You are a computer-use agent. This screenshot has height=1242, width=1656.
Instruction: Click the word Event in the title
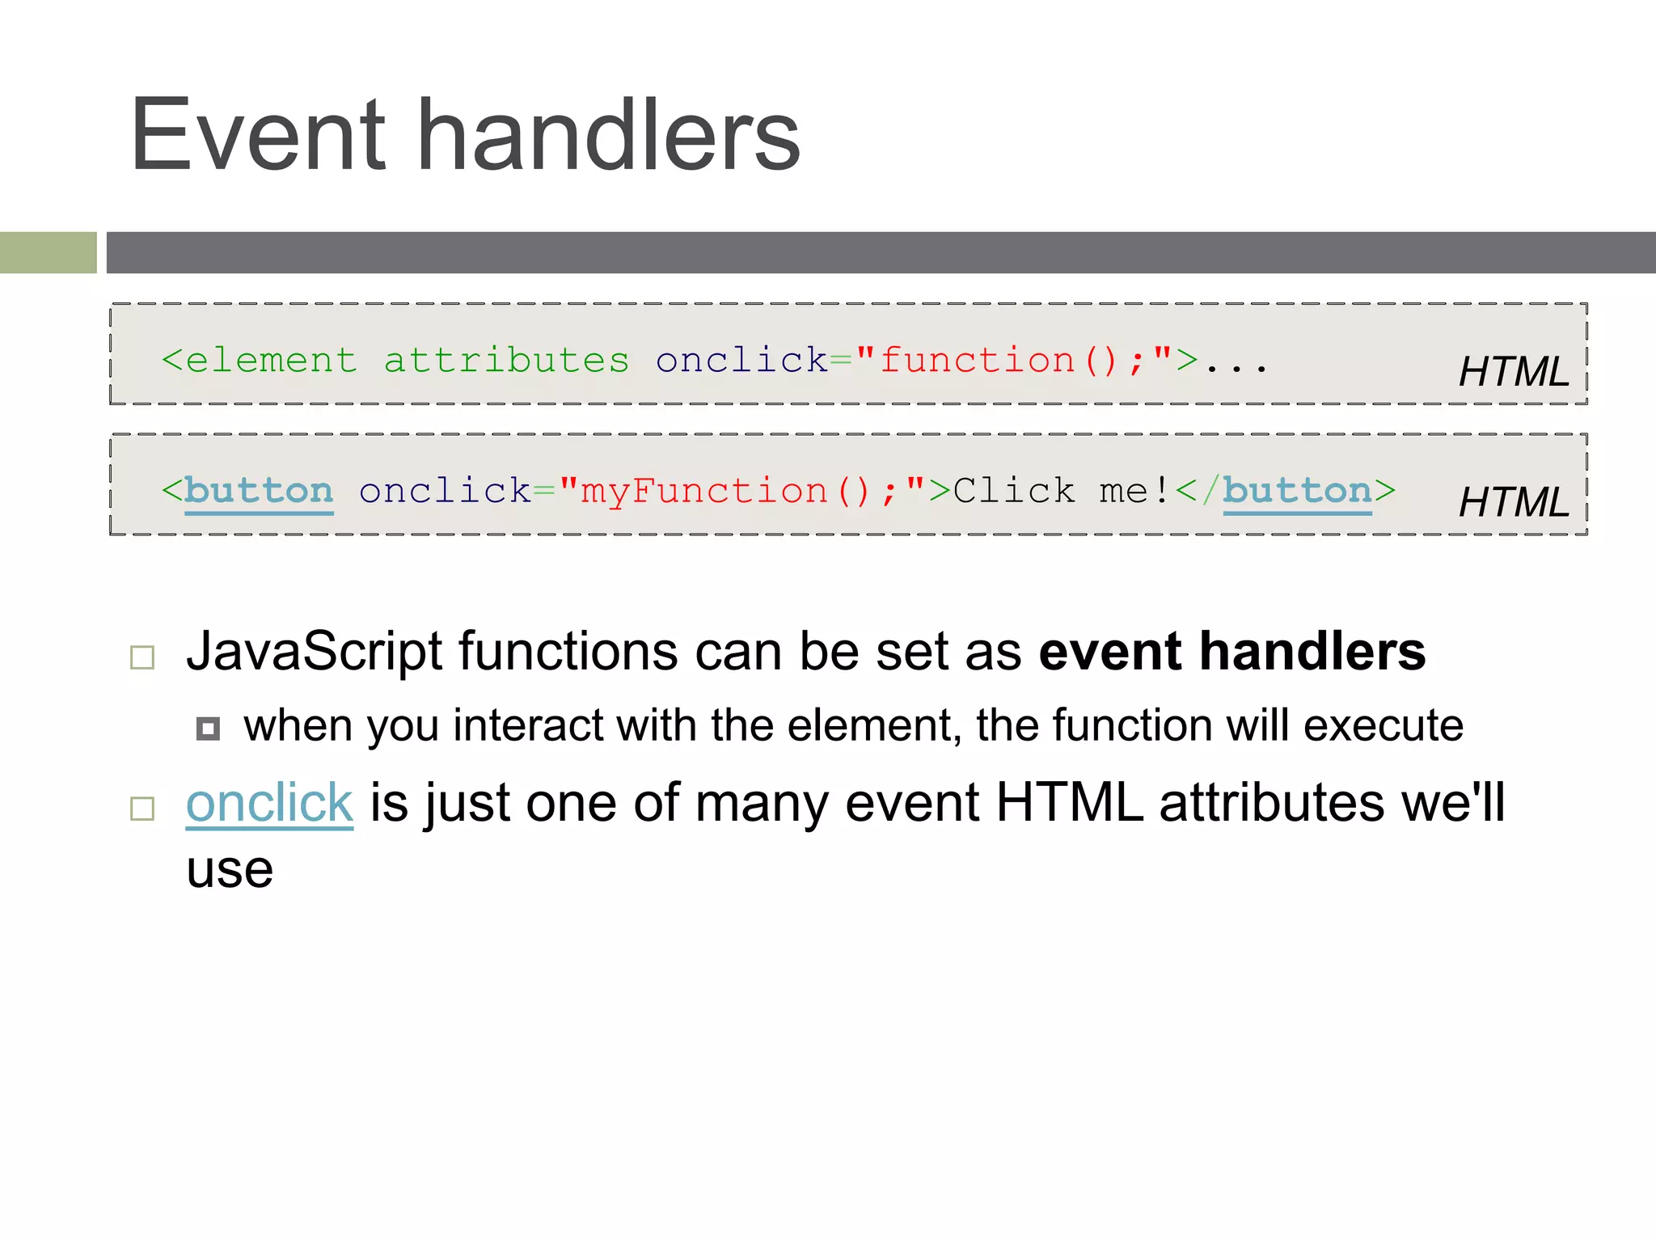coord(258,135)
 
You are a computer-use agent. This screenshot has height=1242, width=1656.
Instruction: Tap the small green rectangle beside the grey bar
coord(48,252)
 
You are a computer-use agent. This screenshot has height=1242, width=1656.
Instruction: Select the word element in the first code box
coord(271,361)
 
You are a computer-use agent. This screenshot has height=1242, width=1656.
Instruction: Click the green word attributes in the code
coord(506,361)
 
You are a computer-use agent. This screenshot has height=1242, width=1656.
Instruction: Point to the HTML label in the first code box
coord(1513,372)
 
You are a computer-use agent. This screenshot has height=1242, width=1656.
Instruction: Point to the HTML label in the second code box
coord(1513,502)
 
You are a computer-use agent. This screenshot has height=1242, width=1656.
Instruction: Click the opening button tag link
coord(259,491)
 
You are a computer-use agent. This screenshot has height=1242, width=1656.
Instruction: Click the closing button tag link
coord(1297,491)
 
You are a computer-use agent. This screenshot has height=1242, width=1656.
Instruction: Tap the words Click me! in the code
coord(1062,491)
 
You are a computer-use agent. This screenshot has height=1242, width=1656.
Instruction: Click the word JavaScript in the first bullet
coord(315,651)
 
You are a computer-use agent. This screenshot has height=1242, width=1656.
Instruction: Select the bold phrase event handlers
coord(1231,651)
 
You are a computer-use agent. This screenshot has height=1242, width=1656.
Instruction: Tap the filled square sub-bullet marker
coord(208,729)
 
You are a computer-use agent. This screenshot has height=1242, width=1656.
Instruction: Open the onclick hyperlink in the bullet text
coord(269,803)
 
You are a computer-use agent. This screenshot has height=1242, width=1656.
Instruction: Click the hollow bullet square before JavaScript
coord(142,657)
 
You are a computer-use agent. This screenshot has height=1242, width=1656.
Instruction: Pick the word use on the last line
coord(230,871)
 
